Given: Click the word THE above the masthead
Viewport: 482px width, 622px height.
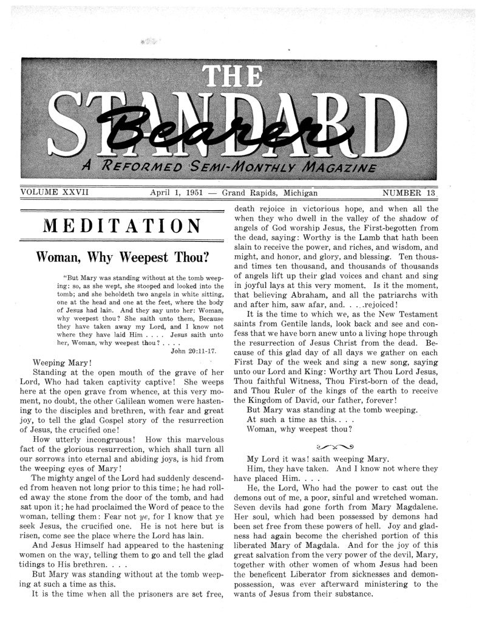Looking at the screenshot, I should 239,77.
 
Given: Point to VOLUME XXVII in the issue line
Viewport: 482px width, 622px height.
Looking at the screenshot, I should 55,193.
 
